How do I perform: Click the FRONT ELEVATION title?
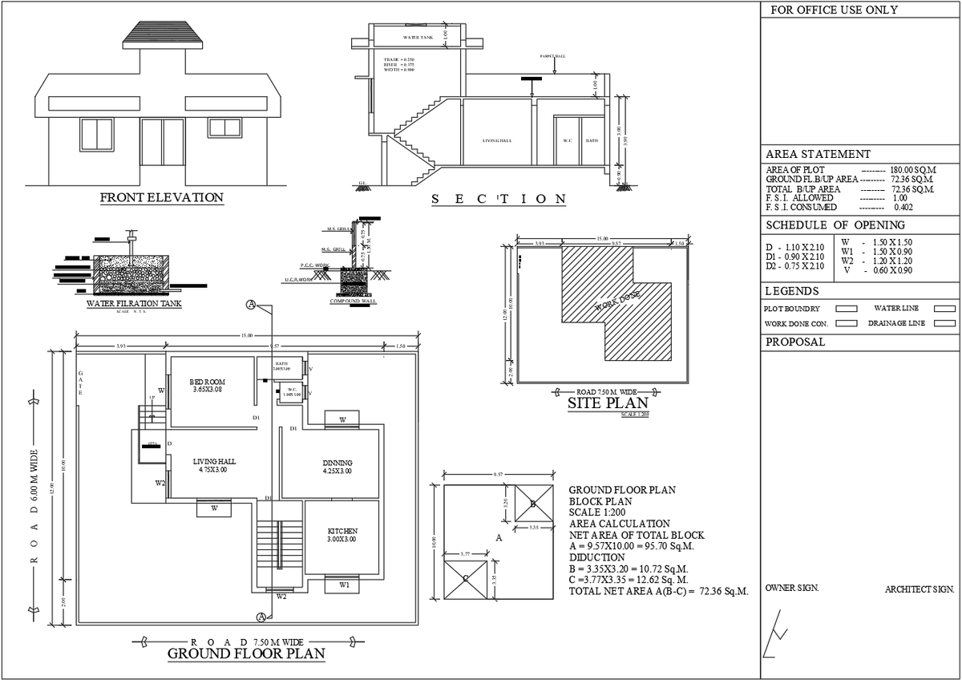click(x=161, y=197)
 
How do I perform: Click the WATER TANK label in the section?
click(x=418, y=38)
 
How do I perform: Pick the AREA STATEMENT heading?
click(x=818, y=154)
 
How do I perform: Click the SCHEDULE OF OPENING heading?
click(x=835, y=225)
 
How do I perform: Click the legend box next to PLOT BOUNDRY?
click(x=847, y=308)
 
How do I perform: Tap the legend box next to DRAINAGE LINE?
click(x=944, y=323)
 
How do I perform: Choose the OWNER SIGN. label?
click(x=792, y=588)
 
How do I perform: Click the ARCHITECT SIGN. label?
click(x=920, y=589)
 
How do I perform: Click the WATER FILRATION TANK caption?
click(x=134, y=304)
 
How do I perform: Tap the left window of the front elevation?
click(x=97, y=133)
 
